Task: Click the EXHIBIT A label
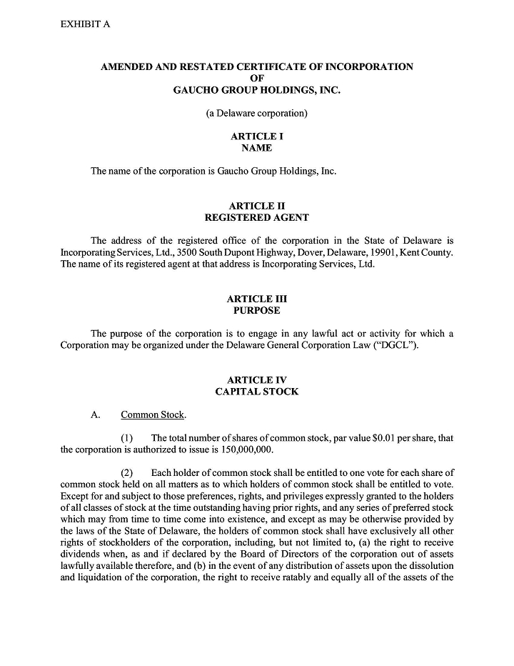(x=86, y=24)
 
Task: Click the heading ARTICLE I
(x=256, y=136)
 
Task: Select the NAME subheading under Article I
(x=256, y=148)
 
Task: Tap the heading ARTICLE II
(x=256, y=206)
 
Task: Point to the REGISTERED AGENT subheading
(x=256, y=217)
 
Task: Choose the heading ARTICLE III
(x=256, y=299)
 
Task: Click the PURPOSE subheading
(x=256, y=311)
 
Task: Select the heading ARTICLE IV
(x=256, y=380)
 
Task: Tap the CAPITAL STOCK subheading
(x=256, y=392)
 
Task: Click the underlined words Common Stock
(x=152, y=414)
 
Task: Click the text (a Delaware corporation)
(x=256, y=113)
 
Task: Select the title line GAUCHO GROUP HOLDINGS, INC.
(x=256, y=90)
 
